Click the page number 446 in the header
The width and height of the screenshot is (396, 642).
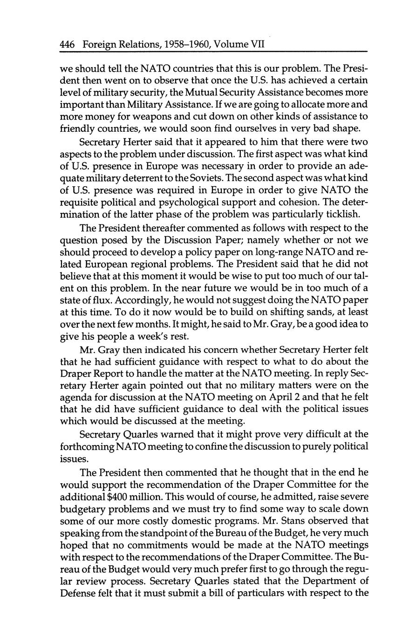[68, 45]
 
